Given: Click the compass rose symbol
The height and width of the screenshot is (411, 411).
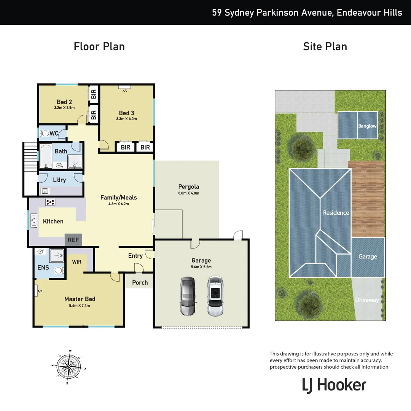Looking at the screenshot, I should click(68, 366).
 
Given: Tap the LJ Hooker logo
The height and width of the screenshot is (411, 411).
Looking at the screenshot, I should click(334, 385).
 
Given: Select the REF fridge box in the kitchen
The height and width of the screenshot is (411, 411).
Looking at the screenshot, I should click(73, 240).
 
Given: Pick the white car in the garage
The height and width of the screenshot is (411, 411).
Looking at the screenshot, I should click(215, 296).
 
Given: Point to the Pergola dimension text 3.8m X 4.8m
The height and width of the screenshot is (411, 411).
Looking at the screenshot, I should click(189, 193).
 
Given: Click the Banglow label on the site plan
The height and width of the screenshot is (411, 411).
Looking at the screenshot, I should click(367, 126).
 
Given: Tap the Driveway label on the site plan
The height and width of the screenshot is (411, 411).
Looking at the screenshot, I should click(367, 300).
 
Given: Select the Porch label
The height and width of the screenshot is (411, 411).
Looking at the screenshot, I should click(140, 282).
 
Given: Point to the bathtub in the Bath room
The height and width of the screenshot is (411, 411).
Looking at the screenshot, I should click(46, 156).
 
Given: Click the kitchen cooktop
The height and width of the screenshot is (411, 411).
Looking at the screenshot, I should click(50, 202).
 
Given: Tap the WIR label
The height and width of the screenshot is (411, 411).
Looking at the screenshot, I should click(77, 262).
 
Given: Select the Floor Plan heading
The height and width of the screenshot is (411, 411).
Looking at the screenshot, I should click(99, 46).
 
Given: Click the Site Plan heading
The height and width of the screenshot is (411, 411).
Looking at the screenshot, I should click(325, 46).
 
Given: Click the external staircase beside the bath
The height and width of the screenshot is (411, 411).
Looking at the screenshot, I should click(30, 157).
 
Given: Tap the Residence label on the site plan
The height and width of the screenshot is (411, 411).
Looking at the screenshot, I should click(336, 213).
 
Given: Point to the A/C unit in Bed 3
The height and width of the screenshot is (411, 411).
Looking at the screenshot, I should click(124, 87).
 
